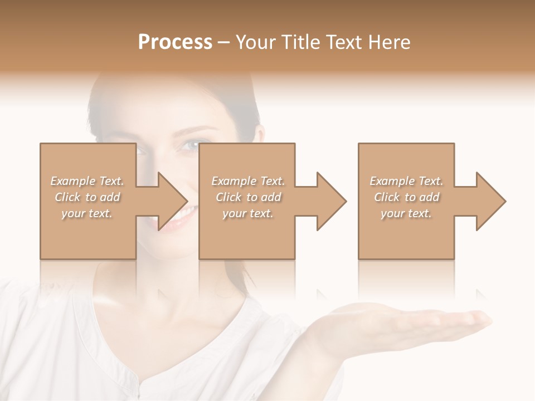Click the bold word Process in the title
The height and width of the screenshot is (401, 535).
coord(175,42)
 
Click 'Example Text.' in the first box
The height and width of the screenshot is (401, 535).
coord(87,181)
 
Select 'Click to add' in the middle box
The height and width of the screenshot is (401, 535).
coord(248,197)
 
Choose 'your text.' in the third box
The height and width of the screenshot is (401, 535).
coord(406,213)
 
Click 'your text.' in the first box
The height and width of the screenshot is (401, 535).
coord(87,213)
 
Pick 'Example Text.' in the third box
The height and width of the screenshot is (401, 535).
coord(406,181)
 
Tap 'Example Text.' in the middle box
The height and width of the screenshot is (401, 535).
coord(248,181)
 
